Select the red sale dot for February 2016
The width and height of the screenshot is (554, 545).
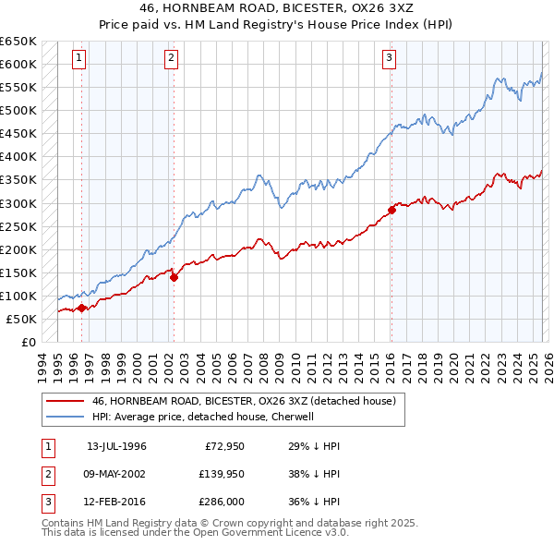point(391,210)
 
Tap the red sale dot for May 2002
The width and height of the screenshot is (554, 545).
point(174,277)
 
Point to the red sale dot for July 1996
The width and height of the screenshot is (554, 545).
point(81,309)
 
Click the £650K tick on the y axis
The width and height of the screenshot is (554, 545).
point(18,42)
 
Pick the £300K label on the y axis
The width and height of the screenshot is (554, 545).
point(18,203)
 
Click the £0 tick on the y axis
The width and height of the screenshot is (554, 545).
point(28,342)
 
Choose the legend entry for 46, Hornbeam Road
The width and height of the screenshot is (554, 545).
point(244,401)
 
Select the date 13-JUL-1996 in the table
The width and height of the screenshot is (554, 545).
point(116,446)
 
